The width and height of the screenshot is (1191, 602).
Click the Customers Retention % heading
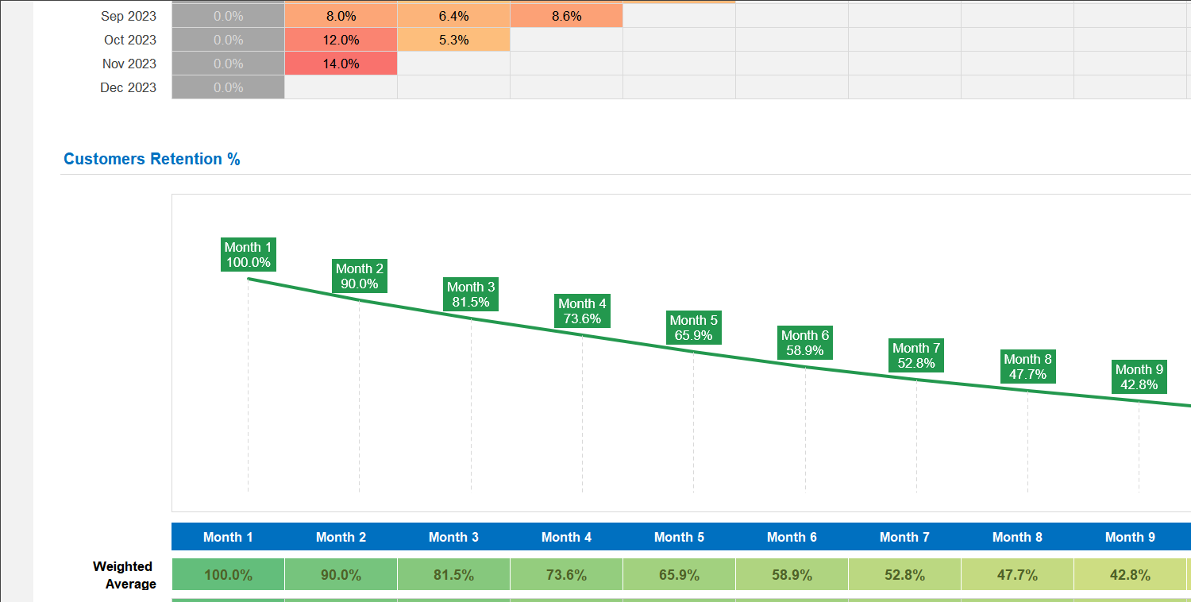pos(152,159)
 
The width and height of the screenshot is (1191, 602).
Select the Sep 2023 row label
pos(129,16)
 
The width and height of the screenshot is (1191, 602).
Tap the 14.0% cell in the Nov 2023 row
pos(341,64)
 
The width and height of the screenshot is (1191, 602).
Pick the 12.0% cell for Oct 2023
pos(341,40)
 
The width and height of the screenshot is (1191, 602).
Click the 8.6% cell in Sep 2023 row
pos(566,16)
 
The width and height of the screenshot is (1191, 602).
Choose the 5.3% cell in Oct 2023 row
pos(453,40)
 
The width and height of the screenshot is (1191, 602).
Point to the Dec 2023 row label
pos(128,87)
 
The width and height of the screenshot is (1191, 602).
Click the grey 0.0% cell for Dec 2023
pos(228,87)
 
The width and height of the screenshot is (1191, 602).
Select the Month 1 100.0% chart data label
pos(248,255)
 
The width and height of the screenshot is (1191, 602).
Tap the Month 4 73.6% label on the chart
pos(582,311)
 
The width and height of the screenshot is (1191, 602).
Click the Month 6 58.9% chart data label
pos(805,343)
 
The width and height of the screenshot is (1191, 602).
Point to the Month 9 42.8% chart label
pos(1139,377)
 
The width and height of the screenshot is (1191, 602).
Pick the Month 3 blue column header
pos(453,537)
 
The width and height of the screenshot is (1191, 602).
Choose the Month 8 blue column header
pos(1017,537)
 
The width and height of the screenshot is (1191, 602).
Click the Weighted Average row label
pos(123,575)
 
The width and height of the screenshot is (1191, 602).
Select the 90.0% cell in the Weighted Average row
pos(341,575)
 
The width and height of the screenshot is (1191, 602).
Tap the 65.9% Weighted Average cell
pos(679,575)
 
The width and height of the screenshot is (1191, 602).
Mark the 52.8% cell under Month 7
pos(904,575)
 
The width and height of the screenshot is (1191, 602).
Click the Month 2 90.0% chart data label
pos(359,276)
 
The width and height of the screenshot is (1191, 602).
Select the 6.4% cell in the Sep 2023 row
pos(453,16)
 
